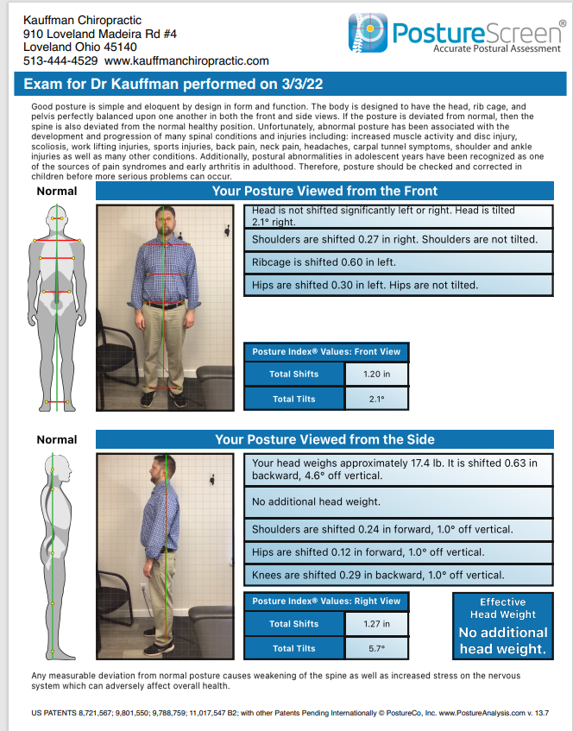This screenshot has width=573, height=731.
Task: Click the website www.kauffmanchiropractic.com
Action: pos(186,61)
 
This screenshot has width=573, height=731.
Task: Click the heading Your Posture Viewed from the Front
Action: pos(324,191)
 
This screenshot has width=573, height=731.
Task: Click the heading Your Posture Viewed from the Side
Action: pos(324,439)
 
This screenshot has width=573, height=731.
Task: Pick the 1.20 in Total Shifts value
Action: pos(372,374)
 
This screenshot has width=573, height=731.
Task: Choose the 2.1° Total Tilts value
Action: pos(372,399)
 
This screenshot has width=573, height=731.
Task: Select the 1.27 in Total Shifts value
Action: pos(372,623)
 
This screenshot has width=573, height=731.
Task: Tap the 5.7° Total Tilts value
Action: pos(372,647)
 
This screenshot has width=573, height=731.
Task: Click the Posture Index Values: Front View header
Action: pos(325,351)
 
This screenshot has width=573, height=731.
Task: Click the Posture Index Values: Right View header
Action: pos(325,601)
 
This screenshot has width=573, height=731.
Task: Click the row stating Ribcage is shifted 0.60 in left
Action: pos(400,262)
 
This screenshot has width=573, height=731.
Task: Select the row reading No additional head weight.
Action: pos(400,501)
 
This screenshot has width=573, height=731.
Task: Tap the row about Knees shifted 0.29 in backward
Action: pos(400,574)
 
